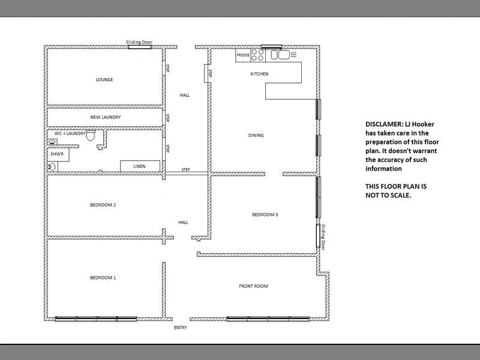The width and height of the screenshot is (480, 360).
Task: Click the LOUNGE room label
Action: [x=104, y=80]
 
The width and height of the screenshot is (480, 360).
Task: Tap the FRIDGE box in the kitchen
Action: [x=243, y=55]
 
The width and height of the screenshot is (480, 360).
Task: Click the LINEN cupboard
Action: [x=140, y=166]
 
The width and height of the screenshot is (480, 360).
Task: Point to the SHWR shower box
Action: [x=58, y=155]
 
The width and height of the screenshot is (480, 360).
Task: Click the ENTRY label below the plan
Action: [x=181, y=328]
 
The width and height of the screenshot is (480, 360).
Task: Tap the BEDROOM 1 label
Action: [x=103, y=278]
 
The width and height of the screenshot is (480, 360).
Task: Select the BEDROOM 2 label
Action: [x=103, y=205]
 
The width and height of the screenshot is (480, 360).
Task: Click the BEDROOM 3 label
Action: [x=265, y=215]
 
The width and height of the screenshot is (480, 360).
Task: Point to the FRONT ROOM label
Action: [x=253, y=286]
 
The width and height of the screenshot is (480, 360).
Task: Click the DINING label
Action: [x=256, y=136]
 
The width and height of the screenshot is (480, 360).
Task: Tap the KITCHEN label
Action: [x=260, y=74]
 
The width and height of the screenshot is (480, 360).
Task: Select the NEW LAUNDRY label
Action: [x=106, y=117]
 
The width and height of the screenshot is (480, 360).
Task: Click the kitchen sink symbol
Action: [x=280, y=55]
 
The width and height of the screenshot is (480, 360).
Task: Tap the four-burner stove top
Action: [x=258, y=55]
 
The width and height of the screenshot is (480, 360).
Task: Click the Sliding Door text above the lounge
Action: [x=139, y=42]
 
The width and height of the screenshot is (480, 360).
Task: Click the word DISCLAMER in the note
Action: [x=384, y=124]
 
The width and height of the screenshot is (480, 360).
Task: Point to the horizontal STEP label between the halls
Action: [x=185, y=169]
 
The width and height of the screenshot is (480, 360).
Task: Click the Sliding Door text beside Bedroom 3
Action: [x=323, y=237]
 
